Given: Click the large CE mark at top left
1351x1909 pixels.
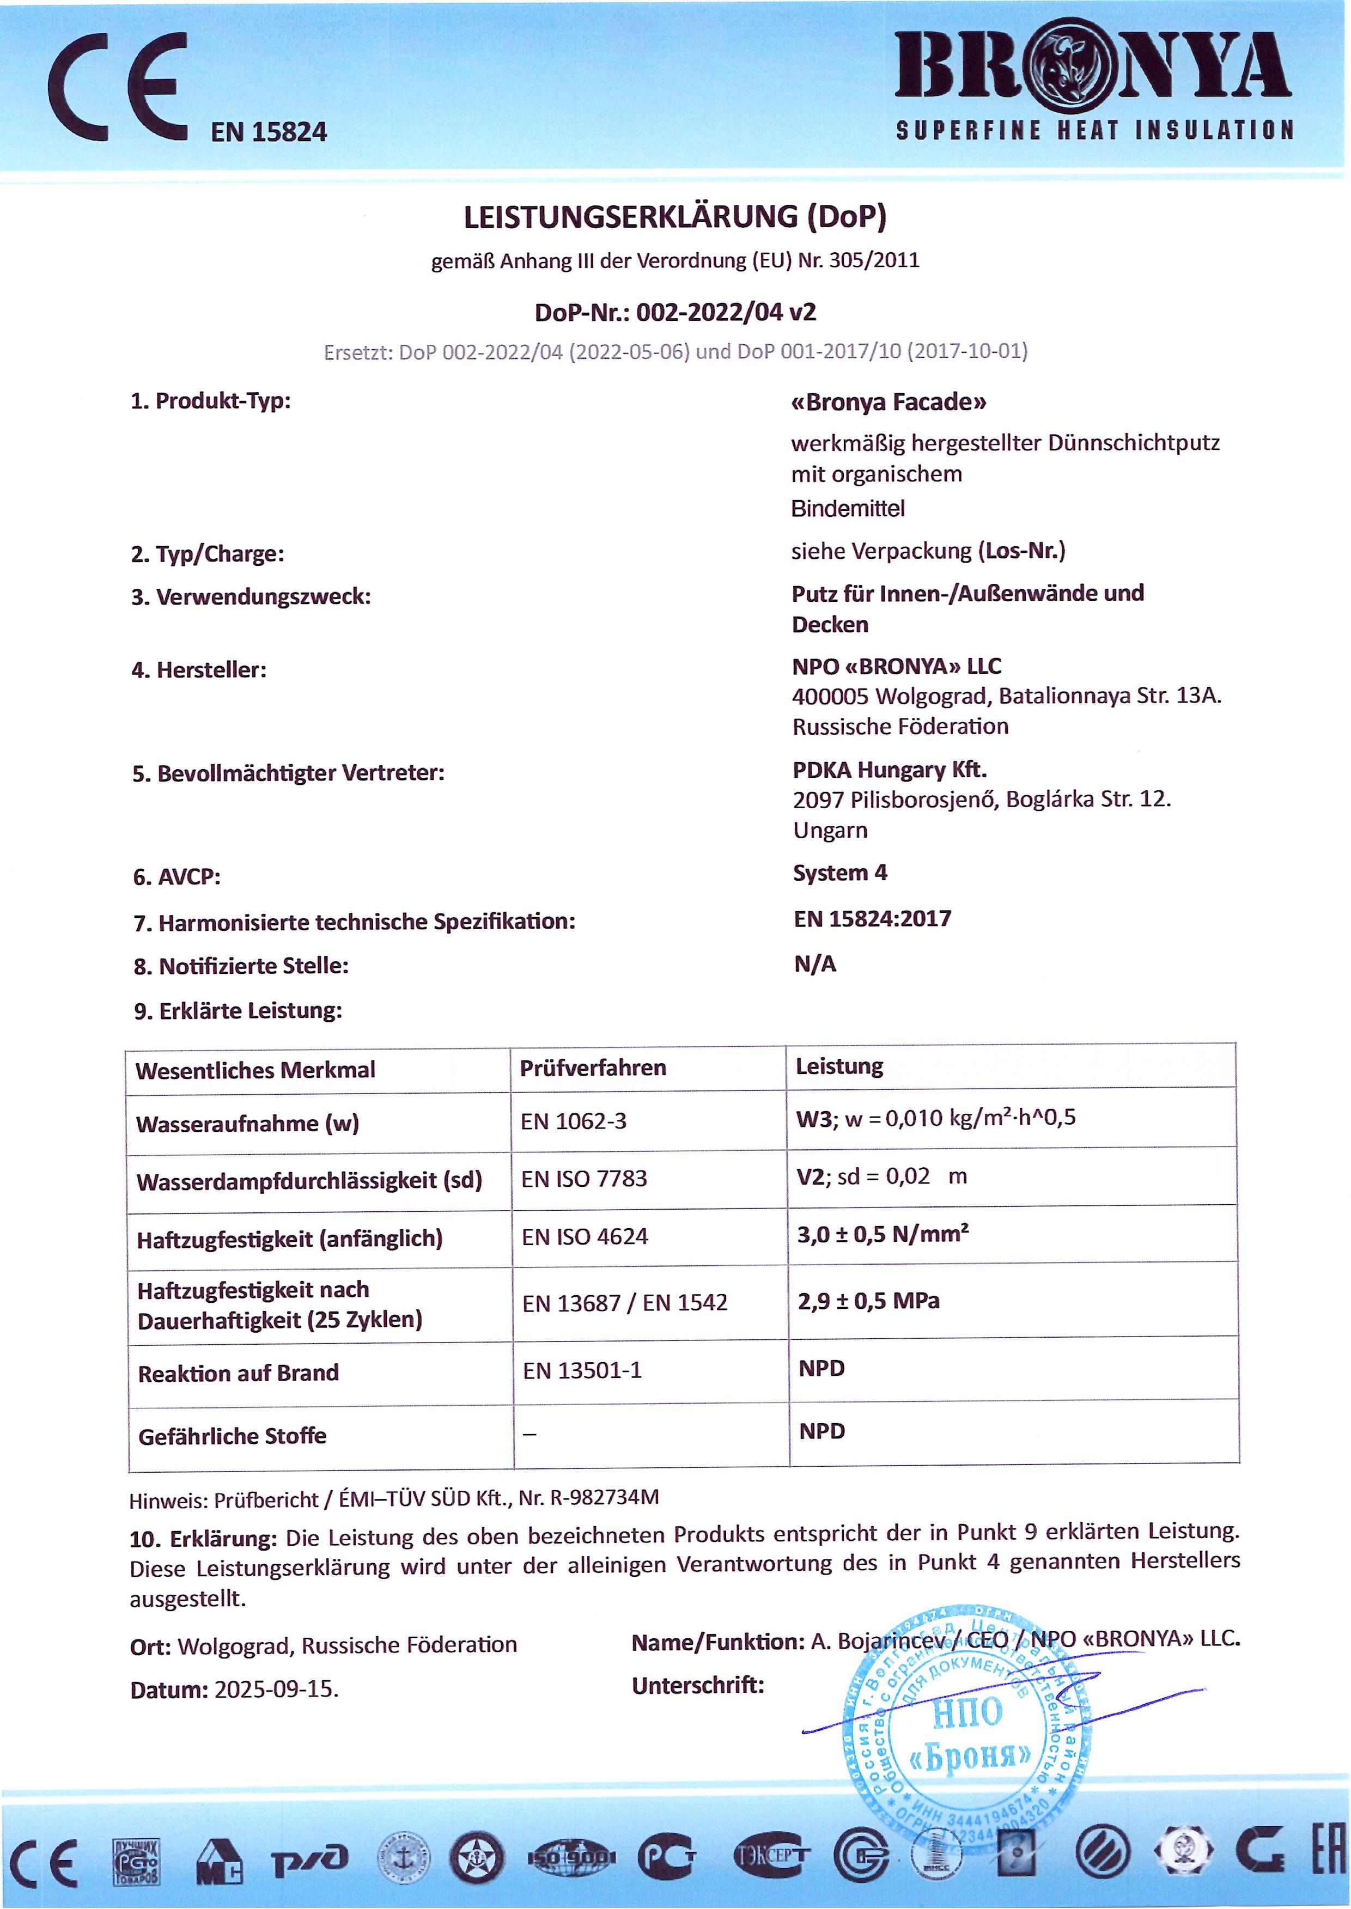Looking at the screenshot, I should point(117,87).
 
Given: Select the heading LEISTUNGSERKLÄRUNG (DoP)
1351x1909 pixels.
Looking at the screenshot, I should point(674,217).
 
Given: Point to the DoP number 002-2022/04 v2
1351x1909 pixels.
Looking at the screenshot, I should point(726,313).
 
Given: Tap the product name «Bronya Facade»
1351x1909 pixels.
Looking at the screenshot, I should point(889,402).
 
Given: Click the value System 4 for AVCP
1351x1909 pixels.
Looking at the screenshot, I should point(840,873).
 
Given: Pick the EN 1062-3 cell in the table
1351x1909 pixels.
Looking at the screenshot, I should point(573,1121).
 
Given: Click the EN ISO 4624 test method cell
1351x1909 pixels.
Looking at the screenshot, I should point(584,1237).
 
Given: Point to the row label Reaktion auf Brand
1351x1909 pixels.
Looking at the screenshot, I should point(238,1373).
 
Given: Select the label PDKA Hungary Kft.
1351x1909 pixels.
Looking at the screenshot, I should point(889,770).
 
